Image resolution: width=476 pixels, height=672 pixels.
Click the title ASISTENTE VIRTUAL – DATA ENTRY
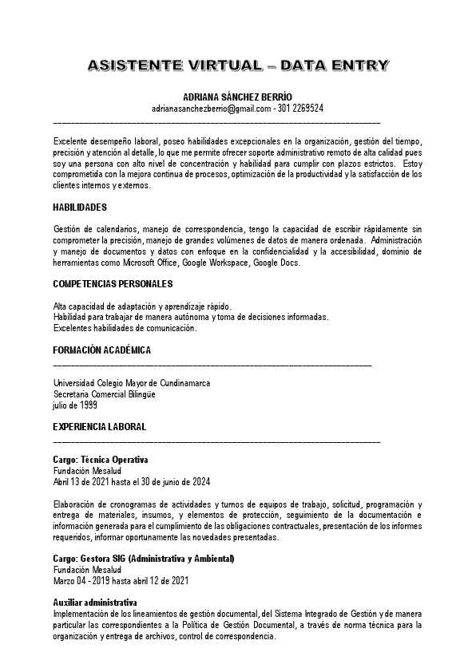237,65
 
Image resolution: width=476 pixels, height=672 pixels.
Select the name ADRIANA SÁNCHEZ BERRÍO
237,97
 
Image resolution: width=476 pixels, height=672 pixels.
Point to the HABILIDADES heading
80,208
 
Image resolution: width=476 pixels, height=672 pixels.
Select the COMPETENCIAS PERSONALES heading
113,284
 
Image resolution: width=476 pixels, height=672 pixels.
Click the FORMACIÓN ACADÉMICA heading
101,350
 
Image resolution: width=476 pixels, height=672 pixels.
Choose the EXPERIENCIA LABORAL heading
99,427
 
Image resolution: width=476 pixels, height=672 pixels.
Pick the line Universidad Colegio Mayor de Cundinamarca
132,383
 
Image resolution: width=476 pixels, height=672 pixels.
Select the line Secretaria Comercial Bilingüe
104,394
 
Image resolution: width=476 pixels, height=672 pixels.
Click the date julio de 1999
75,405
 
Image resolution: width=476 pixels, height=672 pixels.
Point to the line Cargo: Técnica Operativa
101,461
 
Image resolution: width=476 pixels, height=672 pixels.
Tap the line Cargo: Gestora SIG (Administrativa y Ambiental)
144,559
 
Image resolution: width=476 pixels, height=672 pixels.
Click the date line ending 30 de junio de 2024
132,482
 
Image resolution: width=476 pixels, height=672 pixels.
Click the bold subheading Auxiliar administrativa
95,602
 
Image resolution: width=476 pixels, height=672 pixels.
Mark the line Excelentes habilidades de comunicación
125,328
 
